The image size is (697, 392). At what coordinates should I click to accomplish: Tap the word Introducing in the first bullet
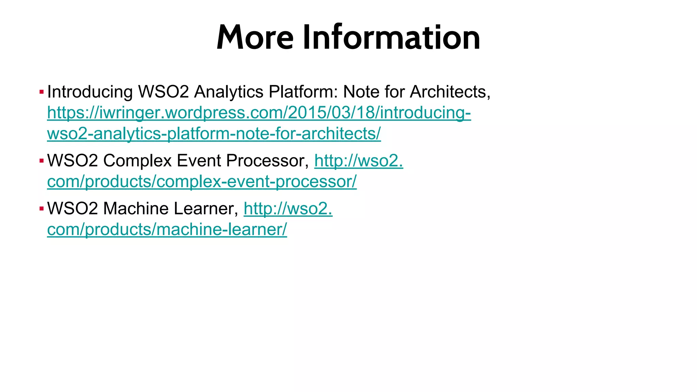pyautogui.click(x=90, y=92)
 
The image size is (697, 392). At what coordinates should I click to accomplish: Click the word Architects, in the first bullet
pyautogui.click(x=450, y=92)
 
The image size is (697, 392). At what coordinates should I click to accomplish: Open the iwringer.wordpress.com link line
pyautogui.click(x=259, y=113)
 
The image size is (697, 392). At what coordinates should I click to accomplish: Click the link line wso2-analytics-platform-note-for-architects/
pyautogui.click(x=214, y=133)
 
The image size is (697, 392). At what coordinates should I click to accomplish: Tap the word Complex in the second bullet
pyautogui.click(x=137, y=161)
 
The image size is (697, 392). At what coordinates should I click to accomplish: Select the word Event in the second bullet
pyautogui.click(x=199, y=161)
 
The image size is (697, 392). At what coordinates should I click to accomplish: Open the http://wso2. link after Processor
pyautogui.click(x=359, y=161)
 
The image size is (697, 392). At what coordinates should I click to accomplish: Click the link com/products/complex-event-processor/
pyautogui.click(x=202, y=181)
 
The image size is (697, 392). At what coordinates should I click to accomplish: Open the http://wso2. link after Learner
pyautogui.click(x=288, y=209)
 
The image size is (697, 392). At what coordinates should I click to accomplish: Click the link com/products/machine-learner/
pyautogui.click(x=167, y=229)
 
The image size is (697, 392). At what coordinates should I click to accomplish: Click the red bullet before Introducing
pyautogui.click(x=42, y=92)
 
